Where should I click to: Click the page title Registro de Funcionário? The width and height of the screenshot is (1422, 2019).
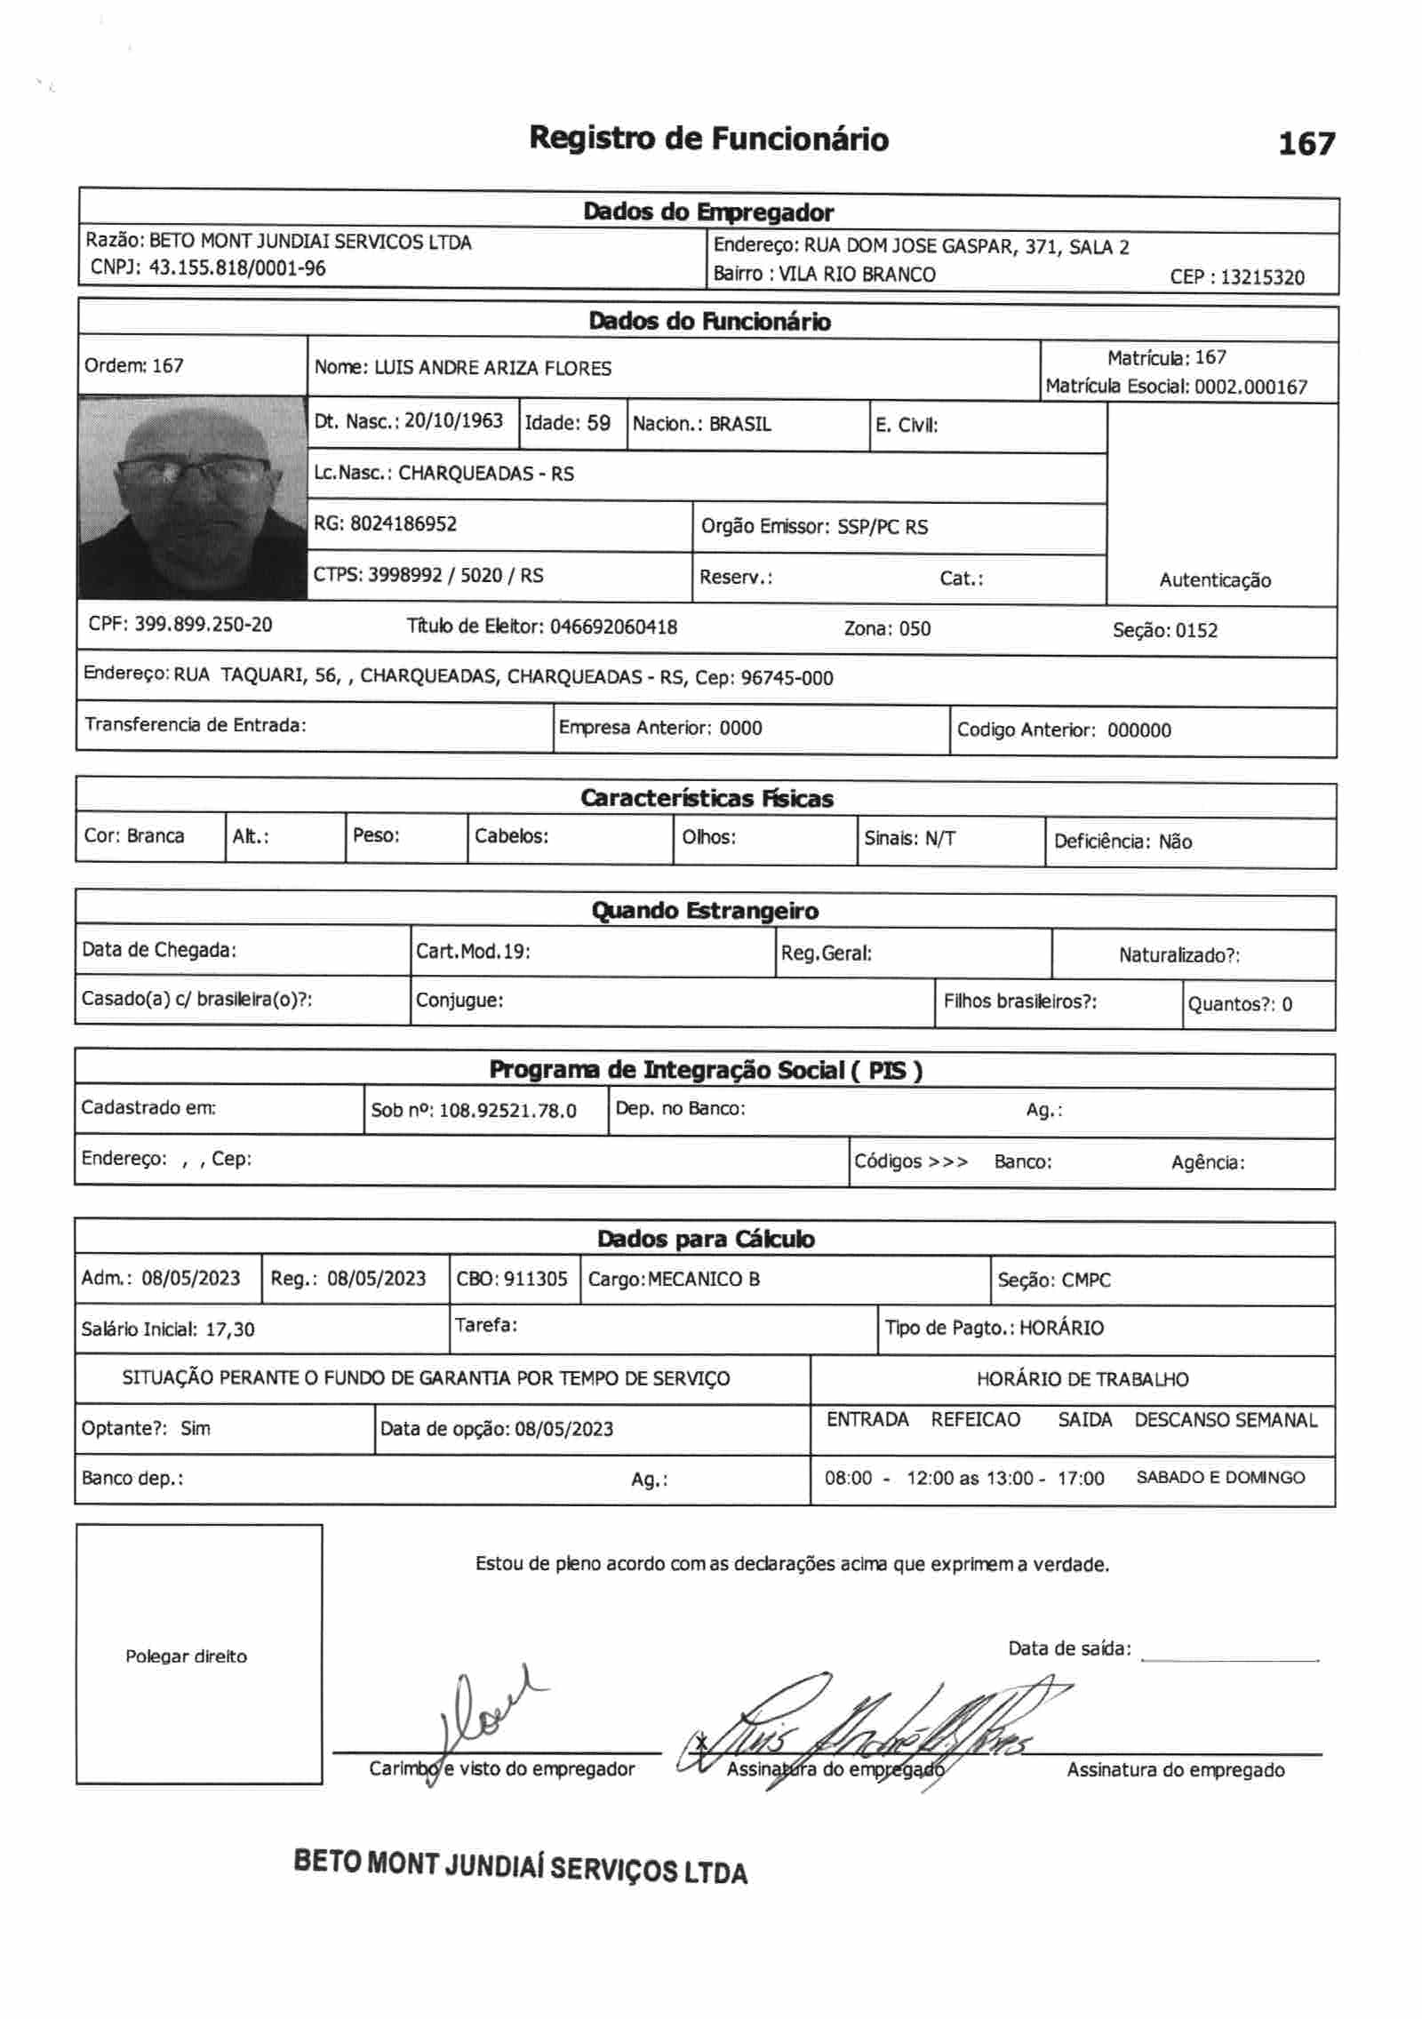point(708,140)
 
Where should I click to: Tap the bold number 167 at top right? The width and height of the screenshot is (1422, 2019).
point(1306,144)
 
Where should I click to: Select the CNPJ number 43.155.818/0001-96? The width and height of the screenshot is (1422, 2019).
point(236,267)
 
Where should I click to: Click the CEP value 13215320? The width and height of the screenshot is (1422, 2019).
point(1262,276)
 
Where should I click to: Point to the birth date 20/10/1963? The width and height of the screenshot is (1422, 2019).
point(453,420)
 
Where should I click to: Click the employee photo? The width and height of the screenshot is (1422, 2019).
point(193,498)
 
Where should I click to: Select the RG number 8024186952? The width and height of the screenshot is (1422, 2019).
point(403,523)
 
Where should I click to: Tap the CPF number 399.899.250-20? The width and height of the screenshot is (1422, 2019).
point(204,624)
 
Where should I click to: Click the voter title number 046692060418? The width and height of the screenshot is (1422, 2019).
point(613,627)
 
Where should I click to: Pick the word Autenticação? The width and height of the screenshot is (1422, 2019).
point(1215,580)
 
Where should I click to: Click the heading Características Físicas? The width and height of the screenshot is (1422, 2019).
point(707,798)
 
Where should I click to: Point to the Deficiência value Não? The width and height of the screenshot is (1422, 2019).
point(1175,842)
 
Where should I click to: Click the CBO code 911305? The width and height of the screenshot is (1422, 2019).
point(535,1279)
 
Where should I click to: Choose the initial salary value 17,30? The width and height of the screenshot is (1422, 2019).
point(230,1329)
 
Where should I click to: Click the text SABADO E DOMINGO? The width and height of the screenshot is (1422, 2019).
point(1220,1478)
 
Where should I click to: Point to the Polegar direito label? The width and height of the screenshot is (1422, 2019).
point(186,1656)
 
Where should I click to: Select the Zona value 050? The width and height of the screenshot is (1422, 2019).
point(915,629)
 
